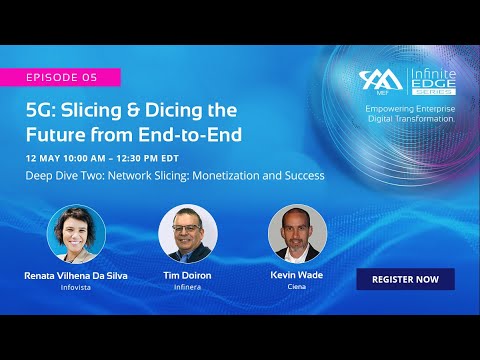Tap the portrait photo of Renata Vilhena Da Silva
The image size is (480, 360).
77,234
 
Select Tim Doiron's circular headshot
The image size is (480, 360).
187,234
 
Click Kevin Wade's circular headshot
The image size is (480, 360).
297,234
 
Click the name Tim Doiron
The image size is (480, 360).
187,274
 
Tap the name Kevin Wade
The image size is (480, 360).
297,274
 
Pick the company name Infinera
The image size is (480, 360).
187,287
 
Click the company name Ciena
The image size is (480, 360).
297,287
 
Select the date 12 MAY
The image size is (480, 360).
47,158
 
